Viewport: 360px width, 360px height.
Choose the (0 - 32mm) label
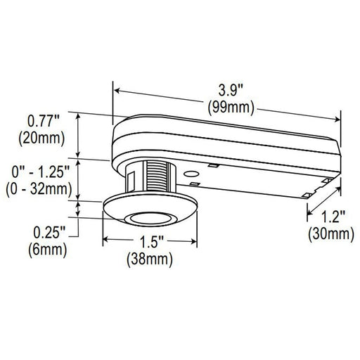[39, 188]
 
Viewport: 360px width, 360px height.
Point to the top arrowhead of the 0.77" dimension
[79, 112]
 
